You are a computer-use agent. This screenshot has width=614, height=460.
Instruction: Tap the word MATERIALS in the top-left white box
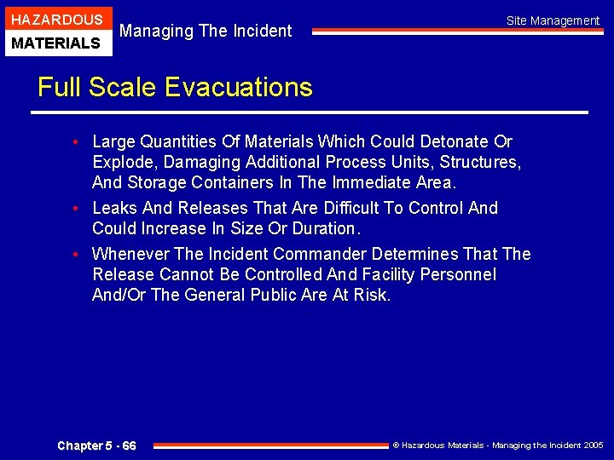(55, 43)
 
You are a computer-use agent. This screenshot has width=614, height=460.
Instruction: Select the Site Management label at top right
(553, 20)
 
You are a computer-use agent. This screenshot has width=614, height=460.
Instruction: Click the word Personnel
(455, 274)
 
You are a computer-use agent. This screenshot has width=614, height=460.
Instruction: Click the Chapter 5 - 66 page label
(96, 446)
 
